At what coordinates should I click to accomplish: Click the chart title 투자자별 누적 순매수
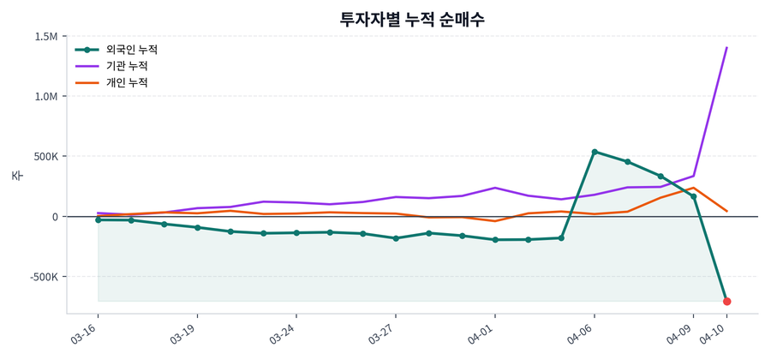point(412,19)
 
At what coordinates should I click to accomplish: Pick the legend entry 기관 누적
point(126,66)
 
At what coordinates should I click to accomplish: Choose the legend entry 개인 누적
point(126,82)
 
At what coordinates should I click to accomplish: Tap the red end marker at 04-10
point(726,301)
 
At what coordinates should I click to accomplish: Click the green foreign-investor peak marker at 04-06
point(595,152)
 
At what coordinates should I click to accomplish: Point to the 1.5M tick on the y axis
point(46,37)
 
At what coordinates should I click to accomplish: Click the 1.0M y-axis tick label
point(46,97)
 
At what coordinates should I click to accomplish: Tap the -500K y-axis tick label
point(42,277)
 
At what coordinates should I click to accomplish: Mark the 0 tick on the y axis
point(54,217)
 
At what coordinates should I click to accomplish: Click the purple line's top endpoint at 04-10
point(726,48)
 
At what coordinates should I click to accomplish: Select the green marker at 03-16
point(98,220)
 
